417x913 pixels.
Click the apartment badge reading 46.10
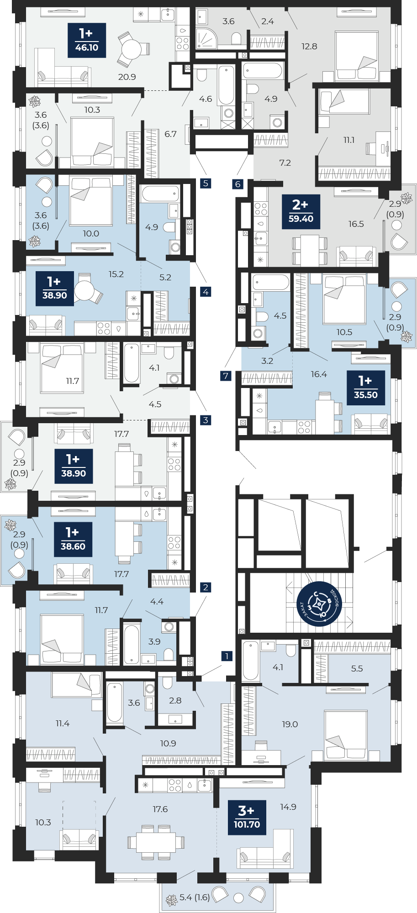pos(87,40)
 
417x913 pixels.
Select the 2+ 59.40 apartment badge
pos(301,212)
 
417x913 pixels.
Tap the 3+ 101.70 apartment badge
pos(247,817)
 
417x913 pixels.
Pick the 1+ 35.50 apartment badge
pos(366,388)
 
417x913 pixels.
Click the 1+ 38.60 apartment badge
pos(73,539)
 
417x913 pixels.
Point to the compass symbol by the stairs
pos(319,604)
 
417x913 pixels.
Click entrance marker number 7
pos(226,376)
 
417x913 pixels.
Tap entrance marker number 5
pos(206,183)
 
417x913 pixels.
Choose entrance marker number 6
pos(238,184)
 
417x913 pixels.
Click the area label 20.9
pos(127,77)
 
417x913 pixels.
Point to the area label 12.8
pos(309,46)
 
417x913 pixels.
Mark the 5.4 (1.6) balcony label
pos(195,897)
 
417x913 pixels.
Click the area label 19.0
pos(290,724)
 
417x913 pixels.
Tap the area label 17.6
pos(160,809)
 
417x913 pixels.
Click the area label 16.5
pos(356,224)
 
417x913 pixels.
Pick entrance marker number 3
pos(206,420)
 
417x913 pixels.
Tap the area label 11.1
pos(349,140)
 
